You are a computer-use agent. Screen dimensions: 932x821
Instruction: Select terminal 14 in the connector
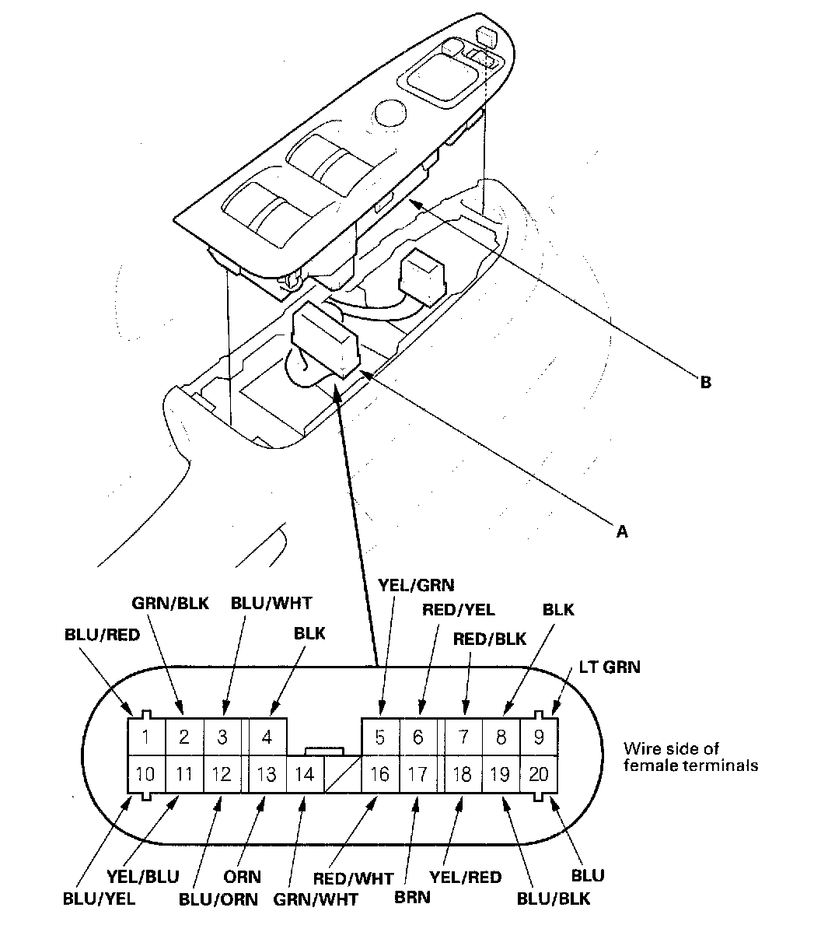(x=306, y=775)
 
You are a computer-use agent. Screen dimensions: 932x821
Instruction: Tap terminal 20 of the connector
(x=538, y=775)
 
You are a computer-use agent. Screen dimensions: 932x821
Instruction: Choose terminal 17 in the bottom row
(x=418, y=775)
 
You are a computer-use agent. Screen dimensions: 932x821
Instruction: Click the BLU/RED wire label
(x=102, y=635)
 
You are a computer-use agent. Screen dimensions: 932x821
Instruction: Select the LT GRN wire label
(x=610, y=667)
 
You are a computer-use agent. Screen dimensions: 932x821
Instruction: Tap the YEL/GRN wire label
(x=415, y=583)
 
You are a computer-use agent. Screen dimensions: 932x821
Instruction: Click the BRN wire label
(x=412, y=896)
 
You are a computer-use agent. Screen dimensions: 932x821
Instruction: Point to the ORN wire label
(x=243, y=876)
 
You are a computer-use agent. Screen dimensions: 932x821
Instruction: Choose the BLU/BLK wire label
(x=554, y=899)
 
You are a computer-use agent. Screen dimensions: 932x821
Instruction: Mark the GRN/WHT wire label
(x=316, y=899)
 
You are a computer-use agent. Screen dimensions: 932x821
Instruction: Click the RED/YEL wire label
(x=458, y=610)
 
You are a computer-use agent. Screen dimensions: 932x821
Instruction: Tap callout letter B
(x=705, y=383)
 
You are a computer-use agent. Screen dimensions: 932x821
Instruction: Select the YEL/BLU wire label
(x=141, y=877)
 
